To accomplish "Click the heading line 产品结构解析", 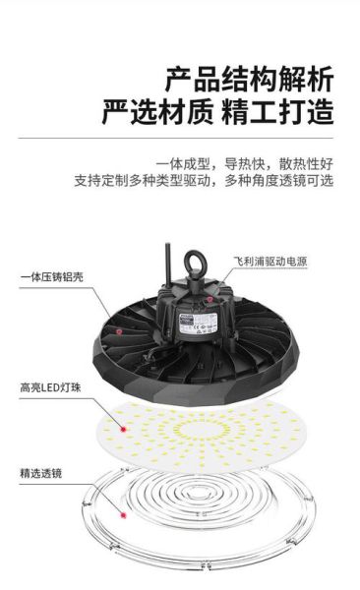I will pyautogui.click(x=248, y=78).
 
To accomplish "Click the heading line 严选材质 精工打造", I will pyautogui.click(x=217, y=111).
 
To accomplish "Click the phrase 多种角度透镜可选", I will pyautogui.click(x=279, y=181).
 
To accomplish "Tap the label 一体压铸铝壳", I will pyautogui.click(x=50, y=278).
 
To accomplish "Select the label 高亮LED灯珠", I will pyautogui.click(x=49, y=388).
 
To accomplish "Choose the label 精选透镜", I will pyautogui.click(x=40, y=473).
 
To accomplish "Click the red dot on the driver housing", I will pyautogui.click(x=208, y=296).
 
